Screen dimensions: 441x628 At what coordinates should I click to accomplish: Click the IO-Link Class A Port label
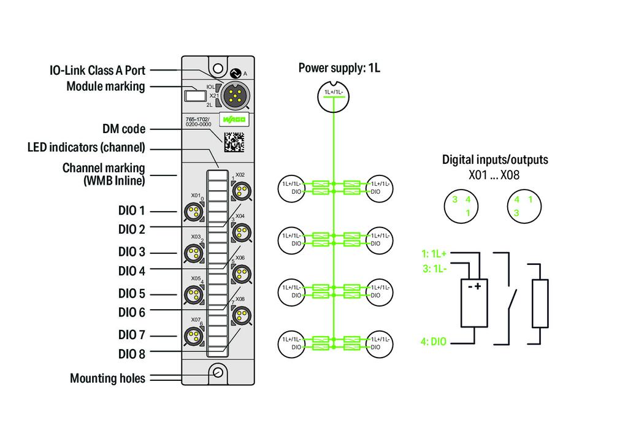click(x=97, y=71)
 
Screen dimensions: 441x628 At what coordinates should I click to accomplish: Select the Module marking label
click(x=105, y=86)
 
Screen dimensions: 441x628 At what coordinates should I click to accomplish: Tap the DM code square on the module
click(x=233, y=142)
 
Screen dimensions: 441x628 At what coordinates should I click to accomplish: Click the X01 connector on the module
click(x=194, y=213)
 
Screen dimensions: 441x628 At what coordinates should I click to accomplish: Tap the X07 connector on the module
click(x=194, y=336)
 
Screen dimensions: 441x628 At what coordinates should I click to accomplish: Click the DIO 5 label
click(x=131, y=293)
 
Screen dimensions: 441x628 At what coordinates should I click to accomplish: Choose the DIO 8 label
click(x=131, y=354)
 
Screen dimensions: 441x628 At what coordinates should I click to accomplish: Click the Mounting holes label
click(x=107, y=378)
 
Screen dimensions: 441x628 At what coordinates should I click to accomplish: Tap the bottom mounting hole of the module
click(x=218, y=372)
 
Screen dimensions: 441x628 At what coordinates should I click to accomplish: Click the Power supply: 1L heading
click(x=339, y=68)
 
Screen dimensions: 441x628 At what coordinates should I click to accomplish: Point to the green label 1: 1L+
click(x=434, y=253)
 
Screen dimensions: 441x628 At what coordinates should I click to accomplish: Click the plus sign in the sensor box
click(x=478, y=286)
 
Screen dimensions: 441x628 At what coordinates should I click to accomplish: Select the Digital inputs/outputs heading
click(x=495, y=160)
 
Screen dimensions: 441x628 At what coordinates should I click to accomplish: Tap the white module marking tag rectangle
click(x=194, y=96)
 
